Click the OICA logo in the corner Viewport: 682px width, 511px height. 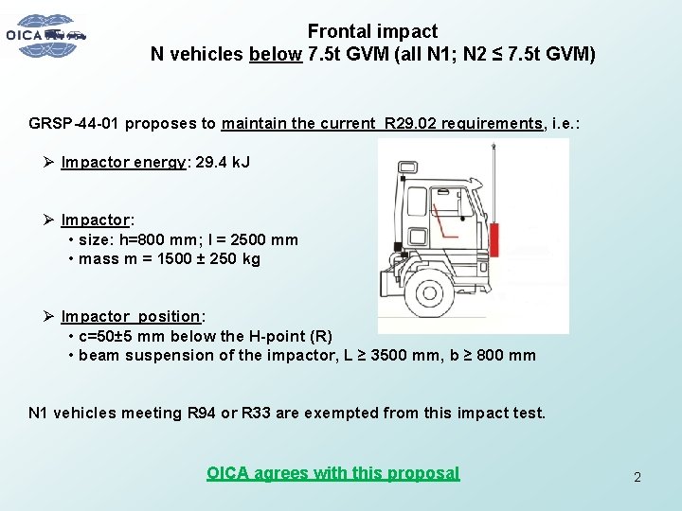45,35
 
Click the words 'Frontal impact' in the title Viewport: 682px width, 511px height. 372,32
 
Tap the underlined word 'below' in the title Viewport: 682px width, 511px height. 276,54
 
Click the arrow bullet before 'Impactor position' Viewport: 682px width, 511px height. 49,316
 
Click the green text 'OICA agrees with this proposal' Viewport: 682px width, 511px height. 332,473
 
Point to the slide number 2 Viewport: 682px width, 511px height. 637,477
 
